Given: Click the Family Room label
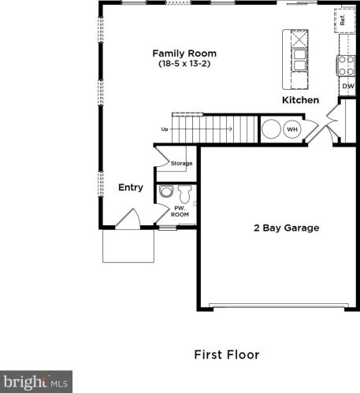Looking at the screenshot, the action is pyautogui.click(x=184, y=54).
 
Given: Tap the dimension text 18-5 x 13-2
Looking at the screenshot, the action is pyautogui.click(x=184, y=64).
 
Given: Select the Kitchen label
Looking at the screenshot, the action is pyautogui.click(x=301, y=100).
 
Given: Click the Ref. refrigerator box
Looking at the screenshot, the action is pyautogui.click(x=345, y=20).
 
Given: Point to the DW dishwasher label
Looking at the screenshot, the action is pyautogui.click(x=348, y=86).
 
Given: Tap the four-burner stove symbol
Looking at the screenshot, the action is pyautogui.click(x=346, y=65).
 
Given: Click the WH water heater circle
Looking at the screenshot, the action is pyautogui.click(x=292, y=129).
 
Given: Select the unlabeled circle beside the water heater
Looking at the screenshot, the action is pyautogui.click(x=271, y=129).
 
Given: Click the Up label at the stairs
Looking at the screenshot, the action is pyautogui.click(x=165, y=129).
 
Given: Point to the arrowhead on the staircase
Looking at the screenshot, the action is pyautogui.click(x=231, y=129).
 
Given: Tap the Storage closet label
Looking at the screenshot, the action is pyautogui.click(x=182, y=163).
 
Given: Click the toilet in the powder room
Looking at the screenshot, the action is pyautogui.click(x=185, y=194).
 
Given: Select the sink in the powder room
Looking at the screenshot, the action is pyautogui.click(x=166, y=191).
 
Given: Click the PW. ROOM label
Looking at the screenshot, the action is pyautogui.click(x=180, y=211).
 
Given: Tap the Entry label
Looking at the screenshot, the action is pyautogui.click(x=131, y=187).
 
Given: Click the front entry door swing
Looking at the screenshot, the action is pyautogui.click(x=128, y=218).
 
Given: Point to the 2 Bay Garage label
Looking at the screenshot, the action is pyautogui.click(x=287, y=228).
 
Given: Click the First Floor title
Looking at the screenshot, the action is pyautogui.click(x=227, y=354).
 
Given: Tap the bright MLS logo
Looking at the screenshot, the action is pyautogui.click(x=36, y=382).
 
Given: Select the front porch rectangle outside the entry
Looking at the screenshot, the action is pyautogui.click(x=128, y=246).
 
